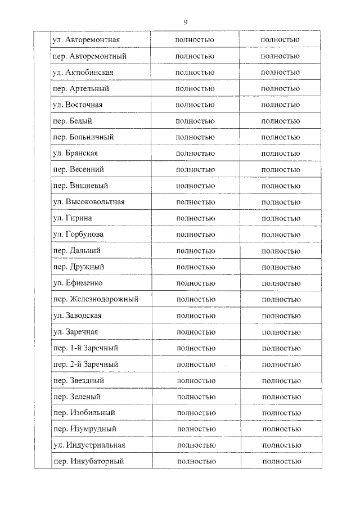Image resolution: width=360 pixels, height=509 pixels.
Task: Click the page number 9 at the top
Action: coord(185,22)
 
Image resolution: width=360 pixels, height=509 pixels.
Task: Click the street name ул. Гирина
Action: coord(73,218)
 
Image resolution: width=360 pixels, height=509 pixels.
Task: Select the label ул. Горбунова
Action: coord(78,235)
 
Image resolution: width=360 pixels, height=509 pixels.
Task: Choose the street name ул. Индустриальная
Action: coord(88,445)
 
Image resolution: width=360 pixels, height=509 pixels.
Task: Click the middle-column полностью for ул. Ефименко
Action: coord(196,283)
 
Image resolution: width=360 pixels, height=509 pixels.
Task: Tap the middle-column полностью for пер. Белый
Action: coord(195,121)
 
